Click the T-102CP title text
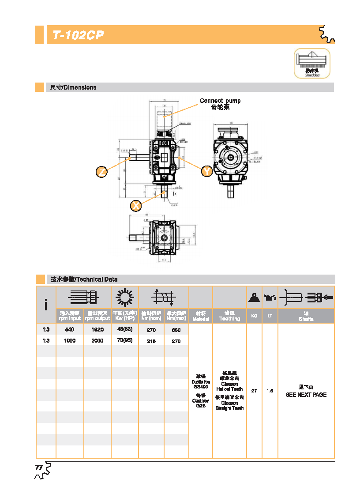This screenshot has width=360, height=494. pyautogui.click(x=78, y=36)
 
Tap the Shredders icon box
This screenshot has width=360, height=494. pyautogui.click(x=312, y=63)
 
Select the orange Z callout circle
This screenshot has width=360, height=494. pyautogui.click(x=102, y=172)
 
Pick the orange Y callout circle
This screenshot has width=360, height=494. pyautogui.click(x=206, y=171)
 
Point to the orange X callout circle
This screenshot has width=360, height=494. pyautogui.click(x=137, y=205)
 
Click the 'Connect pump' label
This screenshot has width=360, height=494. pyautogui.click(x=220, y=101)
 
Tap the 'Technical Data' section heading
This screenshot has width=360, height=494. pyautogui.click(x=84, y=279)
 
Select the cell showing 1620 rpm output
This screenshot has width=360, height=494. pyautogui.click(x=97, y=329)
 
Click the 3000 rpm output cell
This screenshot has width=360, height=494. pyautogui.click(x=97, y=341)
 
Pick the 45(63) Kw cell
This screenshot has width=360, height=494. pyautogui.click(x=125, y=329)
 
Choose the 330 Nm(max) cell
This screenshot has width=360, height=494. pyautogui.click(x=176, y=330)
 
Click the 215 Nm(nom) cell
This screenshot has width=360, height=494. pyautogui.click(x=151, y=341)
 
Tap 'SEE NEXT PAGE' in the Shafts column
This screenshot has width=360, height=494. pyautogui.click(x=306, y=395)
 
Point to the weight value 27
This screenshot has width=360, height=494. pyautogui.click(x=254, y=391)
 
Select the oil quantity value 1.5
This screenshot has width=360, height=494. pyautogui.click(x=270, y=391)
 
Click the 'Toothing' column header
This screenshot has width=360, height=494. pyautogui.click(x=229, y=319)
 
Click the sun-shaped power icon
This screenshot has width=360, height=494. pyautogui.click(x=124, y=298)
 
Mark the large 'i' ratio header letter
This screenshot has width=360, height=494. pyautogui.click(x=46, y=305)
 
